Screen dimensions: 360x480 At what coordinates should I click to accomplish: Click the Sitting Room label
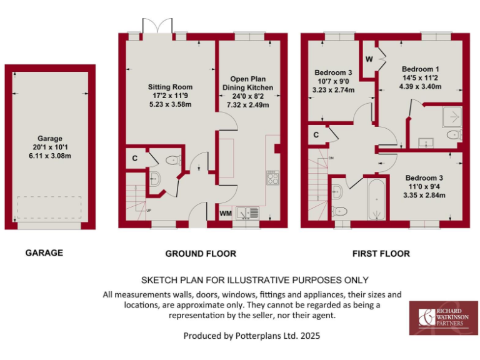tap(170, 87)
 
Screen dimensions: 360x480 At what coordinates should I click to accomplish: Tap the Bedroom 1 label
tap(421, 69)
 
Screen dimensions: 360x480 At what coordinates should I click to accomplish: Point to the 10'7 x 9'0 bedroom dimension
tap(333, 81)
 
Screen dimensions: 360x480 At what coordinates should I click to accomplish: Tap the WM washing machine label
tap(226, 214)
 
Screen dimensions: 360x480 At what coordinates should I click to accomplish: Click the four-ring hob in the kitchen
tap(272, 177)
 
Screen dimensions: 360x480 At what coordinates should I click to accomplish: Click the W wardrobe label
tap(369, 59)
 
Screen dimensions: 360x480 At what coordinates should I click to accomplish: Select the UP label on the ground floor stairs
tap(148, 210)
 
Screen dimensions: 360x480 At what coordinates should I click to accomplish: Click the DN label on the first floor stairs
tap(331, 158)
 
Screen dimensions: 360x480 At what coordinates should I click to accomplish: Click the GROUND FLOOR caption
tap(200, 253)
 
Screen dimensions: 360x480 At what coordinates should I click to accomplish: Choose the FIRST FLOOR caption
tap(381, 253)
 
